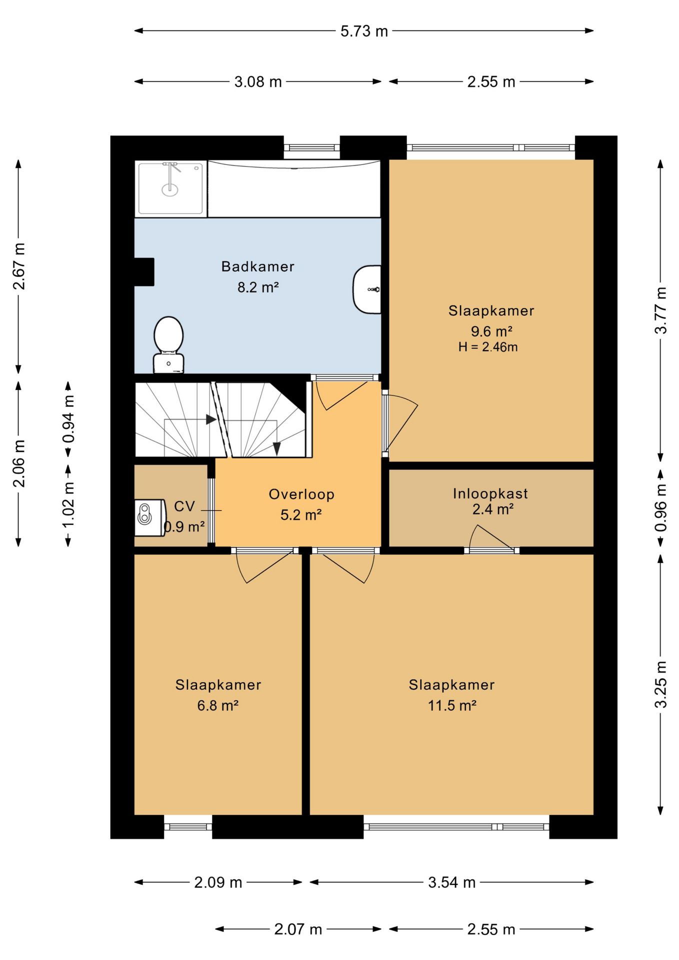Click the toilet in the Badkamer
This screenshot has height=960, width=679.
pyautogui.click(x=168, y=344)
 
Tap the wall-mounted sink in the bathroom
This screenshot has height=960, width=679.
pyautogui.click(x=367, y=289)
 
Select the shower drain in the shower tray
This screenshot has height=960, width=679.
pyautogui.click(x=170, y=189)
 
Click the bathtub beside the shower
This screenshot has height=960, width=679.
pyautogui.click(x=294, y=188)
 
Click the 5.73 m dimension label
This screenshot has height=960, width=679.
pyautogui.click(x=364, y=31)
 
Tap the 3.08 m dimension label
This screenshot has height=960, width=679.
pyautogui.click(x=258, y=82)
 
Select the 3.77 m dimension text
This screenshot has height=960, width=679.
pyautogui.click(x=661, y=310)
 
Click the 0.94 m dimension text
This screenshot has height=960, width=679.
pyautogui.click(x=68, y=418)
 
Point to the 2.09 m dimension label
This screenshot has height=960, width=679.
pyautogui.click(x=218, y=882)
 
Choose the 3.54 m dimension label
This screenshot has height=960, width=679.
pyautogui.click(x=451, y=882)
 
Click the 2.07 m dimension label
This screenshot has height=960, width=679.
pyautogui.click(x=298, y=929)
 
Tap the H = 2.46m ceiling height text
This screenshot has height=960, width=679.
pyautogui.click(x=488, y=347)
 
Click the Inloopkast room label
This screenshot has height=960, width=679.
pyautogui.click(x=490, y=494)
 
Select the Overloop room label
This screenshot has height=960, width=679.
pyautogui.click(x=301, y=494)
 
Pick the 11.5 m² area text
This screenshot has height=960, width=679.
pyautogui.click(x=452, y=705)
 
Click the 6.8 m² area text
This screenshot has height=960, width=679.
pyautogui.click(x=218, y=705)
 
